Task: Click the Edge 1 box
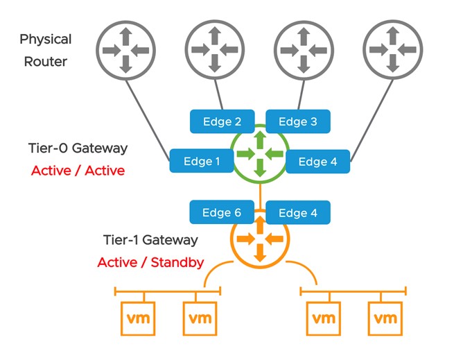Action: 202,161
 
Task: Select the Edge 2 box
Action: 222,121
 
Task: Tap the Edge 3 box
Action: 298,121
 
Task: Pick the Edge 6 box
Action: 222,213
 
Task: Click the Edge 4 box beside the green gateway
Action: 317,162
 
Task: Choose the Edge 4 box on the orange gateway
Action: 298,213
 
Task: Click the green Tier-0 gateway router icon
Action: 259,152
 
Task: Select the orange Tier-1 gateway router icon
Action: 259,240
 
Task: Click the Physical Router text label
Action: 46,50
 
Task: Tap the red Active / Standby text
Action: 150,262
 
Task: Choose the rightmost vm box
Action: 385,319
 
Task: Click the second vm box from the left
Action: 200,319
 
